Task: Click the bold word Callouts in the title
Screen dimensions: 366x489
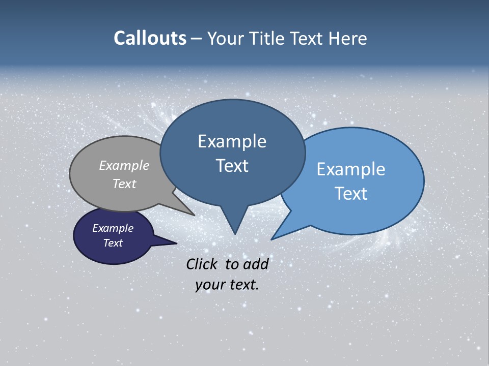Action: tap(150, 39)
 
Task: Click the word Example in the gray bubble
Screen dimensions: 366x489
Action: tap(124, 165)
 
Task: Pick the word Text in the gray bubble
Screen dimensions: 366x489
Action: tap(124, 184)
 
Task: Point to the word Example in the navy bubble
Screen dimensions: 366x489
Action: tap(113, 228)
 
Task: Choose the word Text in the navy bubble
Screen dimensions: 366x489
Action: tap(113, 243)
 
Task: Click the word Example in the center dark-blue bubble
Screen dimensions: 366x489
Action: tap(232, 141)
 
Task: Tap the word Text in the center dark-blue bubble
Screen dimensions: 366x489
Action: tap(232, 166)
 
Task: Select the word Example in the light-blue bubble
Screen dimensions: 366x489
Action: tap(350, 169)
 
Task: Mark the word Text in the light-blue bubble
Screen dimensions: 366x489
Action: tap(350, 194)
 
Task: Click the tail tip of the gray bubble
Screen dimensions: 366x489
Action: tap(194, 215)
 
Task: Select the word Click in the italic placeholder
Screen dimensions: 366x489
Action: tap(202, 264)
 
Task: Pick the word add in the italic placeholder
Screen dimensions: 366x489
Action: tap(256, 264)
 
